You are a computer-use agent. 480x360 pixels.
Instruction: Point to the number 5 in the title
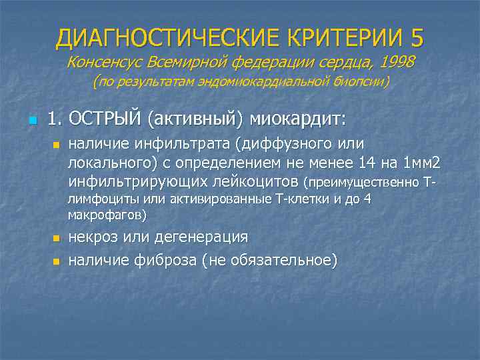click(x=417, y=37)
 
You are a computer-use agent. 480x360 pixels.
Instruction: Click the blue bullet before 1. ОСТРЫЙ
click(x=32, y=121)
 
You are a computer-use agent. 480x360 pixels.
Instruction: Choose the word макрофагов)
click(x=107, y=215)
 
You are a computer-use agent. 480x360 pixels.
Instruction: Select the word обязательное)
click(x=283, y=259)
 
